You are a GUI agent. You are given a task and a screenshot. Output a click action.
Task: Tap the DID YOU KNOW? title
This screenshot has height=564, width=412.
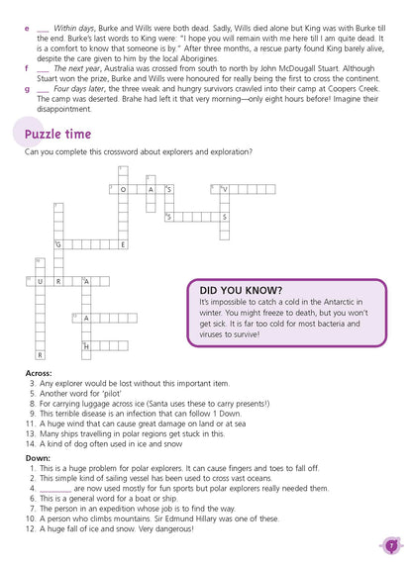point(241,288)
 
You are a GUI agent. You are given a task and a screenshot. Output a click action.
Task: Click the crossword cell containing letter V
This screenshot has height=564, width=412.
point(225,189)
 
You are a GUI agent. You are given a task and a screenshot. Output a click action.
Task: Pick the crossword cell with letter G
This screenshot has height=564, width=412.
point(58,244)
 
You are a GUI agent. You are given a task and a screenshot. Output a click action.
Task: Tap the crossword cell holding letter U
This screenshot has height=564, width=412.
point(40,282)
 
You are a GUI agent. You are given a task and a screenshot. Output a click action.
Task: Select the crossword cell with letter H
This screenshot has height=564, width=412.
point(87,346)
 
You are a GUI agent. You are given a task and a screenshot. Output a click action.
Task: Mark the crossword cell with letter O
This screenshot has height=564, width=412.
point(123,189)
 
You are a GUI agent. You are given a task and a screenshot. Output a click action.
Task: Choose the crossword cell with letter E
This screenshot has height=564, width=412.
point(122,244)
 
